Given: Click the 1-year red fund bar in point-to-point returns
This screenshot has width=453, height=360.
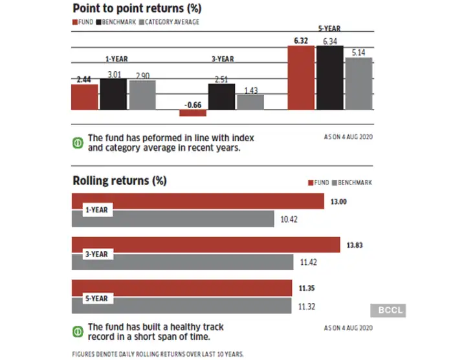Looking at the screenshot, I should [x=84, y=97].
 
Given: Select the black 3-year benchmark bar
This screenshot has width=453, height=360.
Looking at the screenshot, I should [x=221, y=96].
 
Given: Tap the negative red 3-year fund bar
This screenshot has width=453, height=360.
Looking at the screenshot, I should [x=193, y=113].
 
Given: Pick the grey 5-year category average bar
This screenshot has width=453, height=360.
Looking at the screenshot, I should [x=359, y=84].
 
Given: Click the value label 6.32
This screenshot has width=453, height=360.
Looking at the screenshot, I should [x=300, y=40].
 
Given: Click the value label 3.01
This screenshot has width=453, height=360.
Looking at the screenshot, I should [x=113, y=74].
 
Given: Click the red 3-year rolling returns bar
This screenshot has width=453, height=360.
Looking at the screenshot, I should [x=206, y=245].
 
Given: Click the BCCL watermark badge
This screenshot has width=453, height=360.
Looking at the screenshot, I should [x=388, y=311].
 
